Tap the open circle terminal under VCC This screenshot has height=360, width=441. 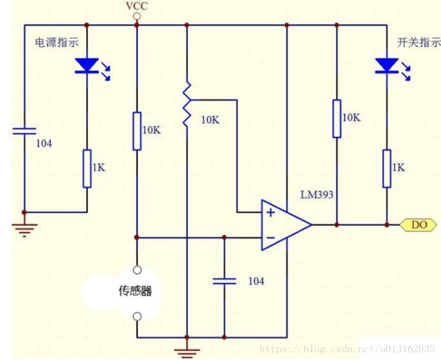pyautogui.click(x=137, y=17)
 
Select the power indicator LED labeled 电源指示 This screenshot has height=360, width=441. pyautogui.click(x=87, y=65)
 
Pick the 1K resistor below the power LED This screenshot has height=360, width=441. pyautogui.click(x=87, y=168)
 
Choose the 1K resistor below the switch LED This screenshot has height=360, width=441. pyautogui.click(x=387, y=168)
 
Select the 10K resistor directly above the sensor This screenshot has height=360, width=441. pyautogui.click(x=137, y=131)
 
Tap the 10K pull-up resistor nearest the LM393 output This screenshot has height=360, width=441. pyautogui.click(x=337, y=118)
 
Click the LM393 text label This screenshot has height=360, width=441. pyautogui.click(x=316, y=195)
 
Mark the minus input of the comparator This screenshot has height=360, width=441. pyautogui.click(x=270, y=237)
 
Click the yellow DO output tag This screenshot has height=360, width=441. pyautogui.click(x=419, y=225)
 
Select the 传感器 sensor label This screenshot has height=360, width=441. pyautogui.click(x=135, y=291)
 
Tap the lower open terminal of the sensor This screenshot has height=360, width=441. pyautogui.click(x=137, y=317)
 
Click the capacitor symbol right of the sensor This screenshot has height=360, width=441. pyautogui.click(x=224, y=281)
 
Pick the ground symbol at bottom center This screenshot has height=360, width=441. pyautogui.click(x=187, y=351)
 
